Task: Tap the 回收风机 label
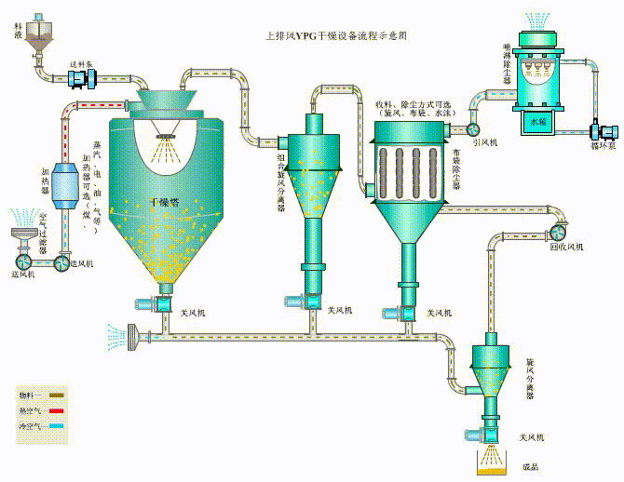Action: (x=566, y=247)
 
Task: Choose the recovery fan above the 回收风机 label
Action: (x=558, y=230)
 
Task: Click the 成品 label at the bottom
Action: (x=531, y=466)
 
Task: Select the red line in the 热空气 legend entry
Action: (x=54, y=409)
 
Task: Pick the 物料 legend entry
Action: (x=42, y=395)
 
